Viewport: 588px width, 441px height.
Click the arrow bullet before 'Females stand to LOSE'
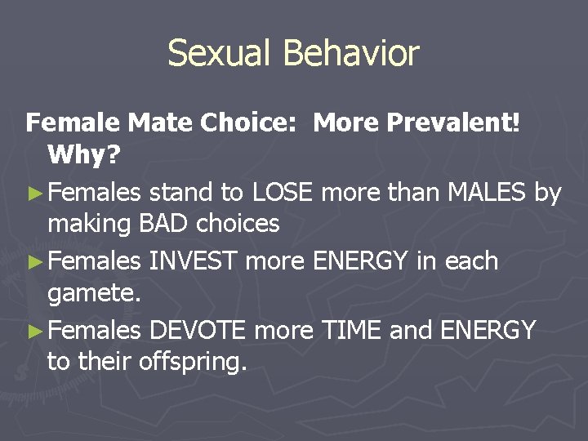(34, 194)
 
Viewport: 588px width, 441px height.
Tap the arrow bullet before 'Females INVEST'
(34, 262)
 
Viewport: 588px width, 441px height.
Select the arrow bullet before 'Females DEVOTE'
(34, 331)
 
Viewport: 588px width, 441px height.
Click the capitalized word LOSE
(283, 192)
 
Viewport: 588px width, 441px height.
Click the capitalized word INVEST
(193, 261)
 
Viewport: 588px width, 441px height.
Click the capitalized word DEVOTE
(198, 329)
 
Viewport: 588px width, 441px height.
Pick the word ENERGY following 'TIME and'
(488, 329)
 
